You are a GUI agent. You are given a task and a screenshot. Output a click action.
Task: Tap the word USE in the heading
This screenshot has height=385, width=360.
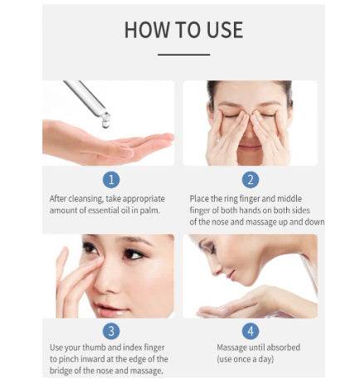tap(225, 30)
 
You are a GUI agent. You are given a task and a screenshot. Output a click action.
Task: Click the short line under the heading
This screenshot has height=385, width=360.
tap(183, 55)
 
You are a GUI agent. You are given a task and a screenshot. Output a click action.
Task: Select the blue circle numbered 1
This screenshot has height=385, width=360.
tap(111, 180)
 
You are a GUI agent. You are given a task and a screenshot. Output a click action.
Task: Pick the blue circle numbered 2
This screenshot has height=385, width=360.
tap(251, 180)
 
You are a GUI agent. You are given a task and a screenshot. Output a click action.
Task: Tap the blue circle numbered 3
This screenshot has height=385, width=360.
tap(111, 331)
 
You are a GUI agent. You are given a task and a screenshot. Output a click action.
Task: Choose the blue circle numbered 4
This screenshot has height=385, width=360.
tap(251, 331)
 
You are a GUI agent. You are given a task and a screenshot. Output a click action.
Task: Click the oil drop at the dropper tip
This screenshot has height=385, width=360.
tap(106, 120)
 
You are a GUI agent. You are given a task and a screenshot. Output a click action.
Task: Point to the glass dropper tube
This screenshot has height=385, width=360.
tap(85, 96)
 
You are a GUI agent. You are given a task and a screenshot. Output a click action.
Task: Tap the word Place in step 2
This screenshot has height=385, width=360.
tap(199, 198)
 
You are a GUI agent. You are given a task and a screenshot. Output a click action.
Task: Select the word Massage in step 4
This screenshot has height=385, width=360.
tap(231, 348)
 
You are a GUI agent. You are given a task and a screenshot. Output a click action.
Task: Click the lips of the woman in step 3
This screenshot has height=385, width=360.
tap(106, 308)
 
